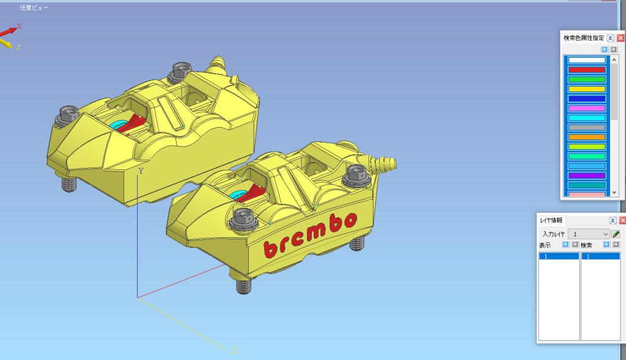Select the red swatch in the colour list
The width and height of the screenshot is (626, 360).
[x=586, y=70]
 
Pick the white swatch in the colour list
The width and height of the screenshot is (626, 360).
[x=586, y=60]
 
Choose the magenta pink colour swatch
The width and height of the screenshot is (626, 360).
[x=586, y=108]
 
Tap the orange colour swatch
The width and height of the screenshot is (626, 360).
[x=586, y=137]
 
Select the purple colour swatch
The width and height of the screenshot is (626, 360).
[x=586, y=175]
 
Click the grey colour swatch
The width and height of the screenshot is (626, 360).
[x=586, y=127]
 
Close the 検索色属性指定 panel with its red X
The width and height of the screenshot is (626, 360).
[x=620, y=38]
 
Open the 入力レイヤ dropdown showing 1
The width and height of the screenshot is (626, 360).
[x=589, y=234]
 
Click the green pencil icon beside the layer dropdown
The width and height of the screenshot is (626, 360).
[x=616, y=234]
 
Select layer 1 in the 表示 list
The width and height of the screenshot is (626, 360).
[x=558, y=257]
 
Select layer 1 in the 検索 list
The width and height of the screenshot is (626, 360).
[x=600, y=257]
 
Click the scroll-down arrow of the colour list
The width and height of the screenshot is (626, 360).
[x=614, y=193]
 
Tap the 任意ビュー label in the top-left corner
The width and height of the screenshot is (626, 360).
[x=34, y=8]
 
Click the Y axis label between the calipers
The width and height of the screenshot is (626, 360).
[x=141, y=171]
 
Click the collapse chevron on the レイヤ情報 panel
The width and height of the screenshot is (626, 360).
[x=613, y=221]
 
